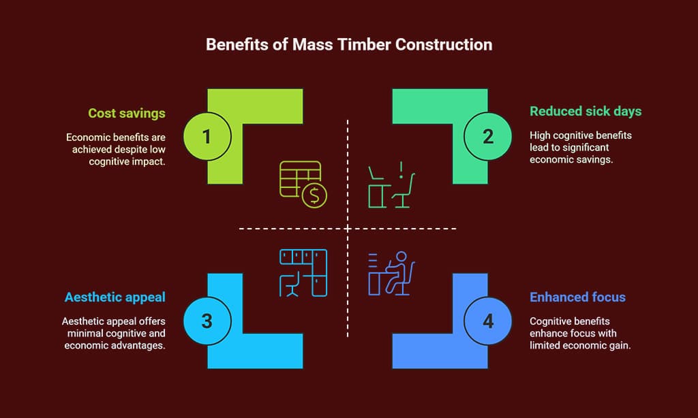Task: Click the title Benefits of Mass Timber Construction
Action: tap(349, 46)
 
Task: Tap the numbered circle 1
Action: tap(207, 136)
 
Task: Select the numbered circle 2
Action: tap(488, 136)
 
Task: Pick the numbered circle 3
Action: tap(207, 321)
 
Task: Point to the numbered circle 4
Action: tap(488, 321)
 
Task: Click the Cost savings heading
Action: tap(127, 113)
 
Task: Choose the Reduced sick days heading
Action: tap(586, 111)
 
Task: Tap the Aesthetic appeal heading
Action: tap(115, 297)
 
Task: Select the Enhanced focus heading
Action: tap(577, 297)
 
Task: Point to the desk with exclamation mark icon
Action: tap(391, 184)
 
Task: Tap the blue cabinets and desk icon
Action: tap(303, 272)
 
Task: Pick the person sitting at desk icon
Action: tap(391, 273)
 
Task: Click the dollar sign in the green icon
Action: tap(315, 196)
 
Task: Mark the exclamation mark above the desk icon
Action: tap(402, 167)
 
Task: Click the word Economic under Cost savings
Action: tap(86, 137)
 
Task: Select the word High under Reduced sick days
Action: tap(541, 135)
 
